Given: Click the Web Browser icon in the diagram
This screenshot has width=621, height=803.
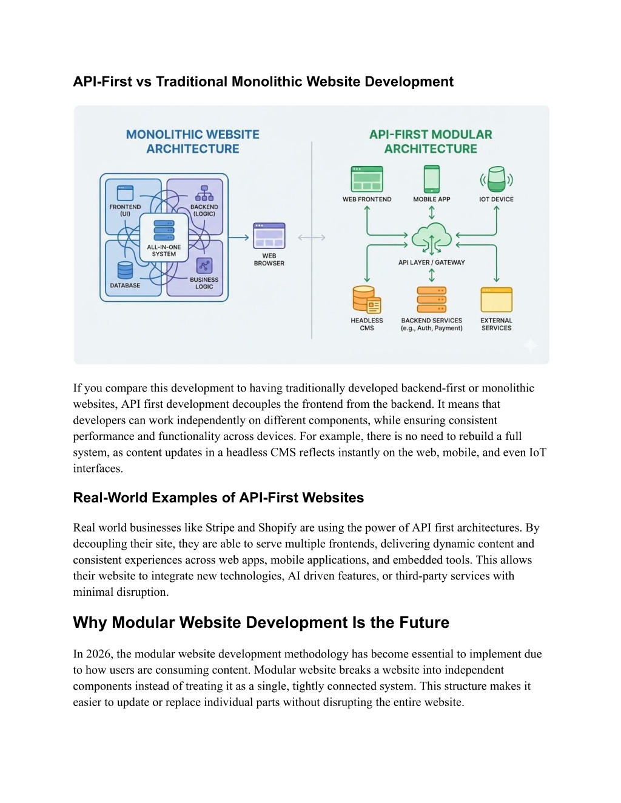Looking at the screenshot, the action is click(269, 235).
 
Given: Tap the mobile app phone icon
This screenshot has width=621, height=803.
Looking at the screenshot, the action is click(431, 179).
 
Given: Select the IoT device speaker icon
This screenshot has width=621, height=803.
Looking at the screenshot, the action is click(496, 179).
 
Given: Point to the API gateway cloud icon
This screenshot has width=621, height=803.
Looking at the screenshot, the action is click(431, 238).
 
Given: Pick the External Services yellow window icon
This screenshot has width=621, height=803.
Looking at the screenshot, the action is click(497, 300).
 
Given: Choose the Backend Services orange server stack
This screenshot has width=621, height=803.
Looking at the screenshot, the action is click(431, 300).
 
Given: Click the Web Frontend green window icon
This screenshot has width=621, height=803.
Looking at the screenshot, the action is click(367, 179).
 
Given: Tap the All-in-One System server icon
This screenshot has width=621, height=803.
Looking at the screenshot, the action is click(164, 230).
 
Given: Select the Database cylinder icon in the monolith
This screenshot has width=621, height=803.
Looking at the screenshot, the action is click(125, 270).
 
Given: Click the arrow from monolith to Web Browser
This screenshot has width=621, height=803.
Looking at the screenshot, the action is click(238, 237).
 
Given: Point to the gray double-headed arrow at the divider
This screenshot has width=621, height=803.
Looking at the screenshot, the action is click(312, 237).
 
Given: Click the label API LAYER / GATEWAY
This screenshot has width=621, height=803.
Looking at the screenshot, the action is click(431, 262).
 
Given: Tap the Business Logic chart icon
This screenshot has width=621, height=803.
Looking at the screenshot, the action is click(204, 265).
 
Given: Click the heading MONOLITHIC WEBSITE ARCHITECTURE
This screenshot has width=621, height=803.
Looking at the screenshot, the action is click(193, 142).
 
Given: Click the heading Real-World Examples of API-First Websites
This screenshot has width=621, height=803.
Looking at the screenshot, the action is click(218, 498).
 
